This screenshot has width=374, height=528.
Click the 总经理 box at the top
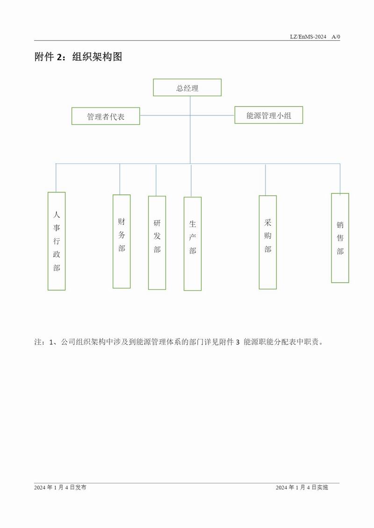click(187, 88)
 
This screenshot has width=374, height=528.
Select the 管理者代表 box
click(106, 116)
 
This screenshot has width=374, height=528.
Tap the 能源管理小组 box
click(268, 115)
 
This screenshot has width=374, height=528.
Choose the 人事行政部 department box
click(57, 241)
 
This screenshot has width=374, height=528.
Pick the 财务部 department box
click(122, 241)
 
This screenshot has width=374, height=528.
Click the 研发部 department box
click(157, 243)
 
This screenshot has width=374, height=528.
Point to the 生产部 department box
click(193, 243)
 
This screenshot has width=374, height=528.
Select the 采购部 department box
click(267, 242)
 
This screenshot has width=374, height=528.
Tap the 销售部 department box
click(340, 238)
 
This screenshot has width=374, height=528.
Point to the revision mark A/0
click(335, 36)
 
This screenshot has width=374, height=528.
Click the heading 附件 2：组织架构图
click(78, 57)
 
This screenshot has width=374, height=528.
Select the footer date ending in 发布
click(60, 487)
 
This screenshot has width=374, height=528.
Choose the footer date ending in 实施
click(302, 487)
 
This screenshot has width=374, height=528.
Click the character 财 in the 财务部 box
click(122, 221)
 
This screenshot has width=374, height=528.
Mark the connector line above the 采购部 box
click(266, 179)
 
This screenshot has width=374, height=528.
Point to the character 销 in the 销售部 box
click(340, 225)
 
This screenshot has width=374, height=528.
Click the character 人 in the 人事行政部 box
click(57, 215)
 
